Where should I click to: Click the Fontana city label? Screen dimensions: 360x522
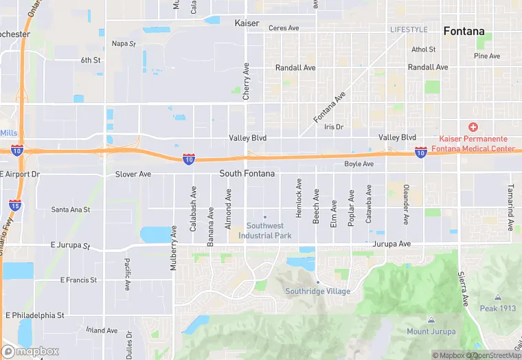coord(464,31)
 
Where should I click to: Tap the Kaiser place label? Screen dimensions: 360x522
coord(247,23)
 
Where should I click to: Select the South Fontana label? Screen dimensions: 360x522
coord(247,174)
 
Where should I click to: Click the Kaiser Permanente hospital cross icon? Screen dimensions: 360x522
coord(473,127)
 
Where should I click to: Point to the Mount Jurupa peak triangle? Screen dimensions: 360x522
coord(431,320)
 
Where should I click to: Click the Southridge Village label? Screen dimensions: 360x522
coord(317,291)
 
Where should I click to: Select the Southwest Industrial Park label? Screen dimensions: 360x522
coord(264,231)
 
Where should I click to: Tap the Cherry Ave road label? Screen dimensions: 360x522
coord(245,82)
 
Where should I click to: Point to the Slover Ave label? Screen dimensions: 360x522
coord(133,175)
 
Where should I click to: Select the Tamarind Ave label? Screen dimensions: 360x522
coord(510,207)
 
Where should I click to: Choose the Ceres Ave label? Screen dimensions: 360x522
coord(284,28)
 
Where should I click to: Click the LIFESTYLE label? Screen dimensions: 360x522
coord(409,30)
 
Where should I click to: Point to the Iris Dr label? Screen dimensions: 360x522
coord(333,127)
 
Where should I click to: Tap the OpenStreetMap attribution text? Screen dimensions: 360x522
coord(493,355)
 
